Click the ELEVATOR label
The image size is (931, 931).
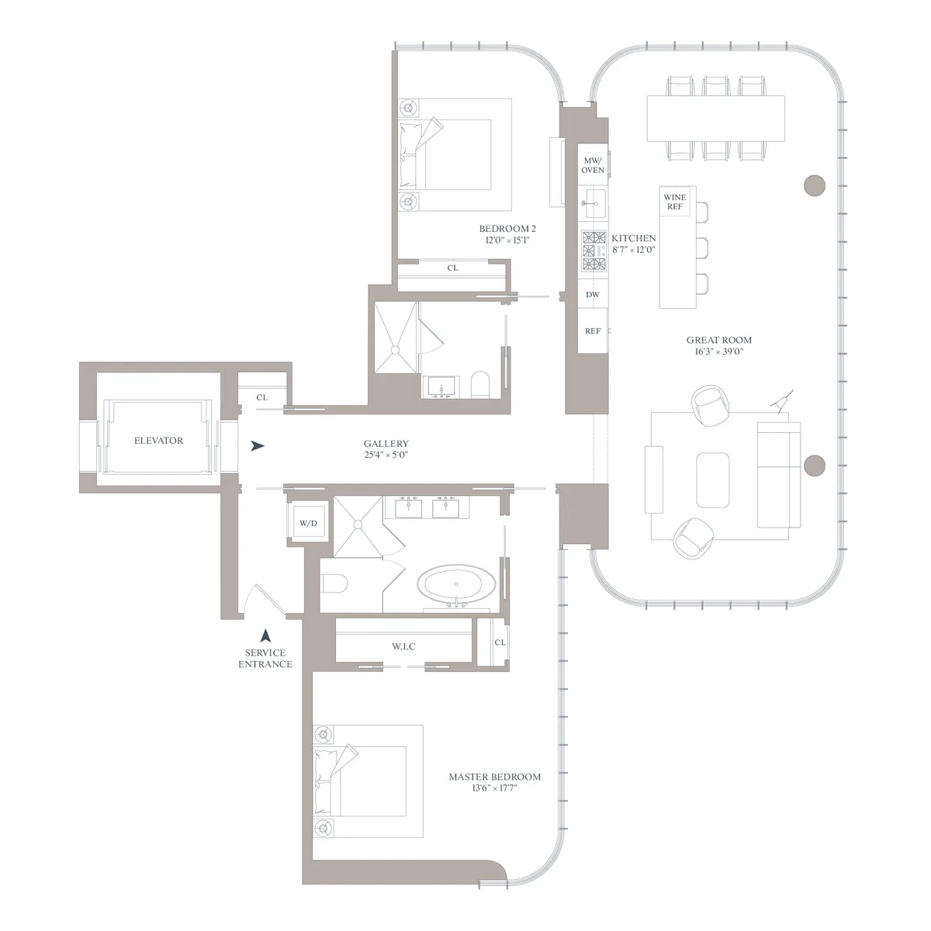(158, 440)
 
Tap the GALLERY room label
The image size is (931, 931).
(386, 444)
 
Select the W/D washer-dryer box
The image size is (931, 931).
(308, 524)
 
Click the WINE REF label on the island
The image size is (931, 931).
(674, 202)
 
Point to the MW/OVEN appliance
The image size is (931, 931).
(593, 164)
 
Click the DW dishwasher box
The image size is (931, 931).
(593, 295)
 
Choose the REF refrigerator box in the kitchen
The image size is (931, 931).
(593, 331)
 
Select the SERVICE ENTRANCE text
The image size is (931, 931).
(265, 659)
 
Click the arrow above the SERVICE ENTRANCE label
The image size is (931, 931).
(265, 635)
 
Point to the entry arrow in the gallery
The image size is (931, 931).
(258, 446)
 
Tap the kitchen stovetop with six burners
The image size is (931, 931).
(594, 251)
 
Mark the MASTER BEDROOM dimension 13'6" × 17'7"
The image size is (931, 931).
(494, 788)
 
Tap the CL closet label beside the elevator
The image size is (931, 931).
(261, 397)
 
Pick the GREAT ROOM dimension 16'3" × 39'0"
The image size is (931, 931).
(718, 351)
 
